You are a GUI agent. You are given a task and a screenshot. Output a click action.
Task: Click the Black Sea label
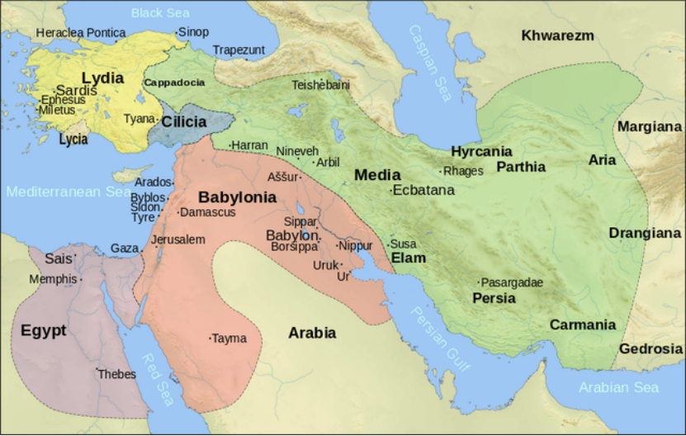(x=160, y=12)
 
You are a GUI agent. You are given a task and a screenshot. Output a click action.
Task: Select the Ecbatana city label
(x=423, y=190)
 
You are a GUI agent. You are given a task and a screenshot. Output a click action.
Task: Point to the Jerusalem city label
(x=178, y=239)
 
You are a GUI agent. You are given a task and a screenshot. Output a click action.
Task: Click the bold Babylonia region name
(x=237, y=197)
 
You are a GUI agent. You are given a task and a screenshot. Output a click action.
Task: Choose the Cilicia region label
(x=184, y=121)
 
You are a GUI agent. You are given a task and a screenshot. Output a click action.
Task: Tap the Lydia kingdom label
(x=102, y=78)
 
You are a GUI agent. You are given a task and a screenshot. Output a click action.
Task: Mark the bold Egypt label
(x=43, y=330)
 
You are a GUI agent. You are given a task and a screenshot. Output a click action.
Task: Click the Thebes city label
(x=116, y=374)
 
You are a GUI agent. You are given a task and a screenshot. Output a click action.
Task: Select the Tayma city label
(x=229, y=339)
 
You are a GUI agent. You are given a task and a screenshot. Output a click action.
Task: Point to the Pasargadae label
(x=512, y=282)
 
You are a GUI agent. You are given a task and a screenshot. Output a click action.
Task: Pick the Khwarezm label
(x=557, y=35)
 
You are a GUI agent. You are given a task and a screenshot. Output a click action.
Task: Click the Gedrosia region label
(x=651, y=348)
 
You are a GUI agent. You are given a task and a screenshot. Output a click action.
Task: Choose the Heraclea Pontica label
(x=80, y=32)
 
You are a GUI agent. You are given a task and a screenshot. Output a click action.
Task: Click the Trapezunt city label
(x=239, y=50)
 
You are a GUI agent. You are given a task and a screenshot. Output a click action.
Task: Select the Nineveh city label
(x=296, y=151)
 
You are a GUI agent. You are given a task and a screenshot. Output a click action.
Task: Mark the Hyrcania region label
(x=481, y=151)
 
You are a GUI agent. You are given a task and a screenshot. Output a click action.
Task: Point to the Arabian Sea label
(x=618, y=387)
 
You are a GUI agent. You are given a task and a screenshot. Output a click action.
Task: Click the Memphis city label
(x=53, y=279)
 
